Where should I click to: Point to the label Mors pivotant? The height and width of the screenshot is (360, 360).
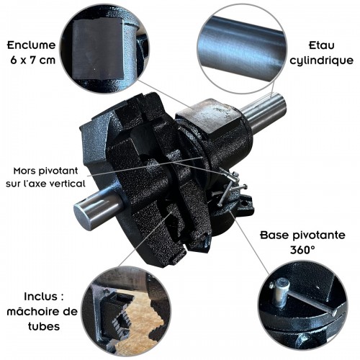pyautogui.click(x=51, y=171)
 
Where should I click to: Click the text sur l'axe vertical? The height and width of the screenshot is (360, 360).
pyautogui.click(x=51, y=184)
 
